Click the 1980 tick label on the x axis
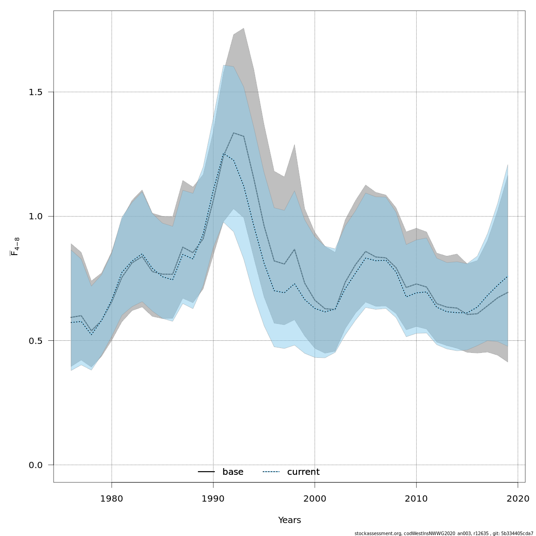(112, 498)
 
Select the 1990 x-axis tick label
(213, 498)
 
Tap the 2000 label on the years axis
(315, 498)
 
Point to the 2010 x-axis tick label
(416, 498)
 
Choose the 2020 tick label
(518, 498)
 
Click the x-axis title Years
(289, 520)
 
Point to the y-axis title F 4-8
(15, 247)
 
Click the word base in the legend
(233, 472)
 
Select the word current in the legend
(303, 472)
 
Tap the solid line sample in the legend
(206, 472)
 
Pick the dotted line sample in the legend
(271, 472)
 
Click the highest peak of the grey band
(243, 28)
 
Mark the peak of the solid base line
(233, 133)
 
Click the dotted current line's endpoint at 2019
(508, 276)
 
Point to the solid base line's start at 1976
(71, 318)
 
